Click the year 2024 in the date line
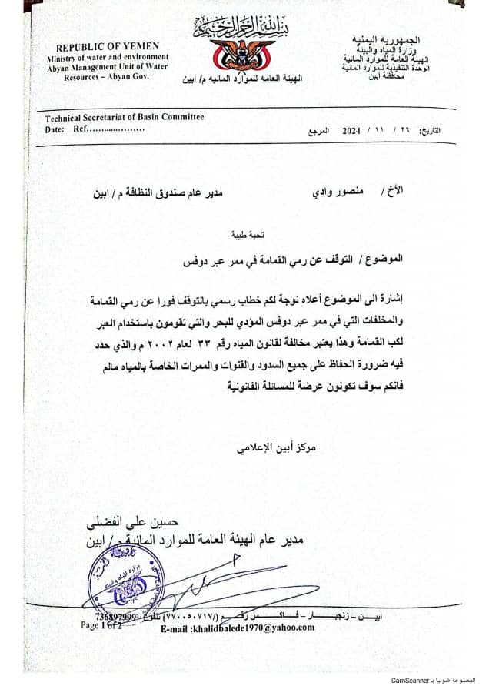point(351,131)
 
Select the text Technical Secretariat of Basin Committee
point(125,118)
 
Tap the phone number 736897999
point(115,618)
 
